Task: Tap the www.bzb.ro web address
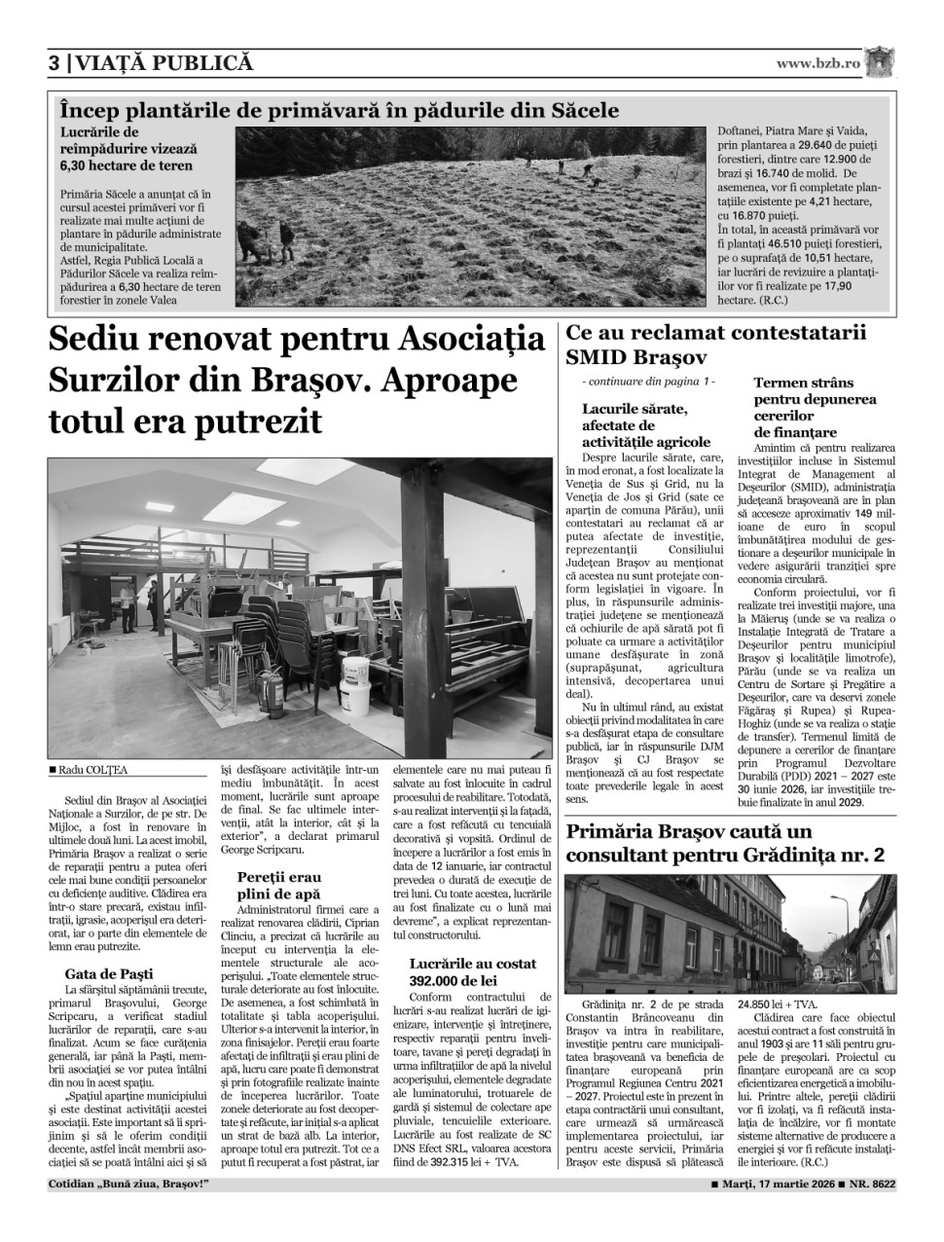[817, 64]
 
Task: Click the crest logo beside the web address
[878, 62]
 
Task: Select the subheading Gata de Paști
[109, 973]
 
